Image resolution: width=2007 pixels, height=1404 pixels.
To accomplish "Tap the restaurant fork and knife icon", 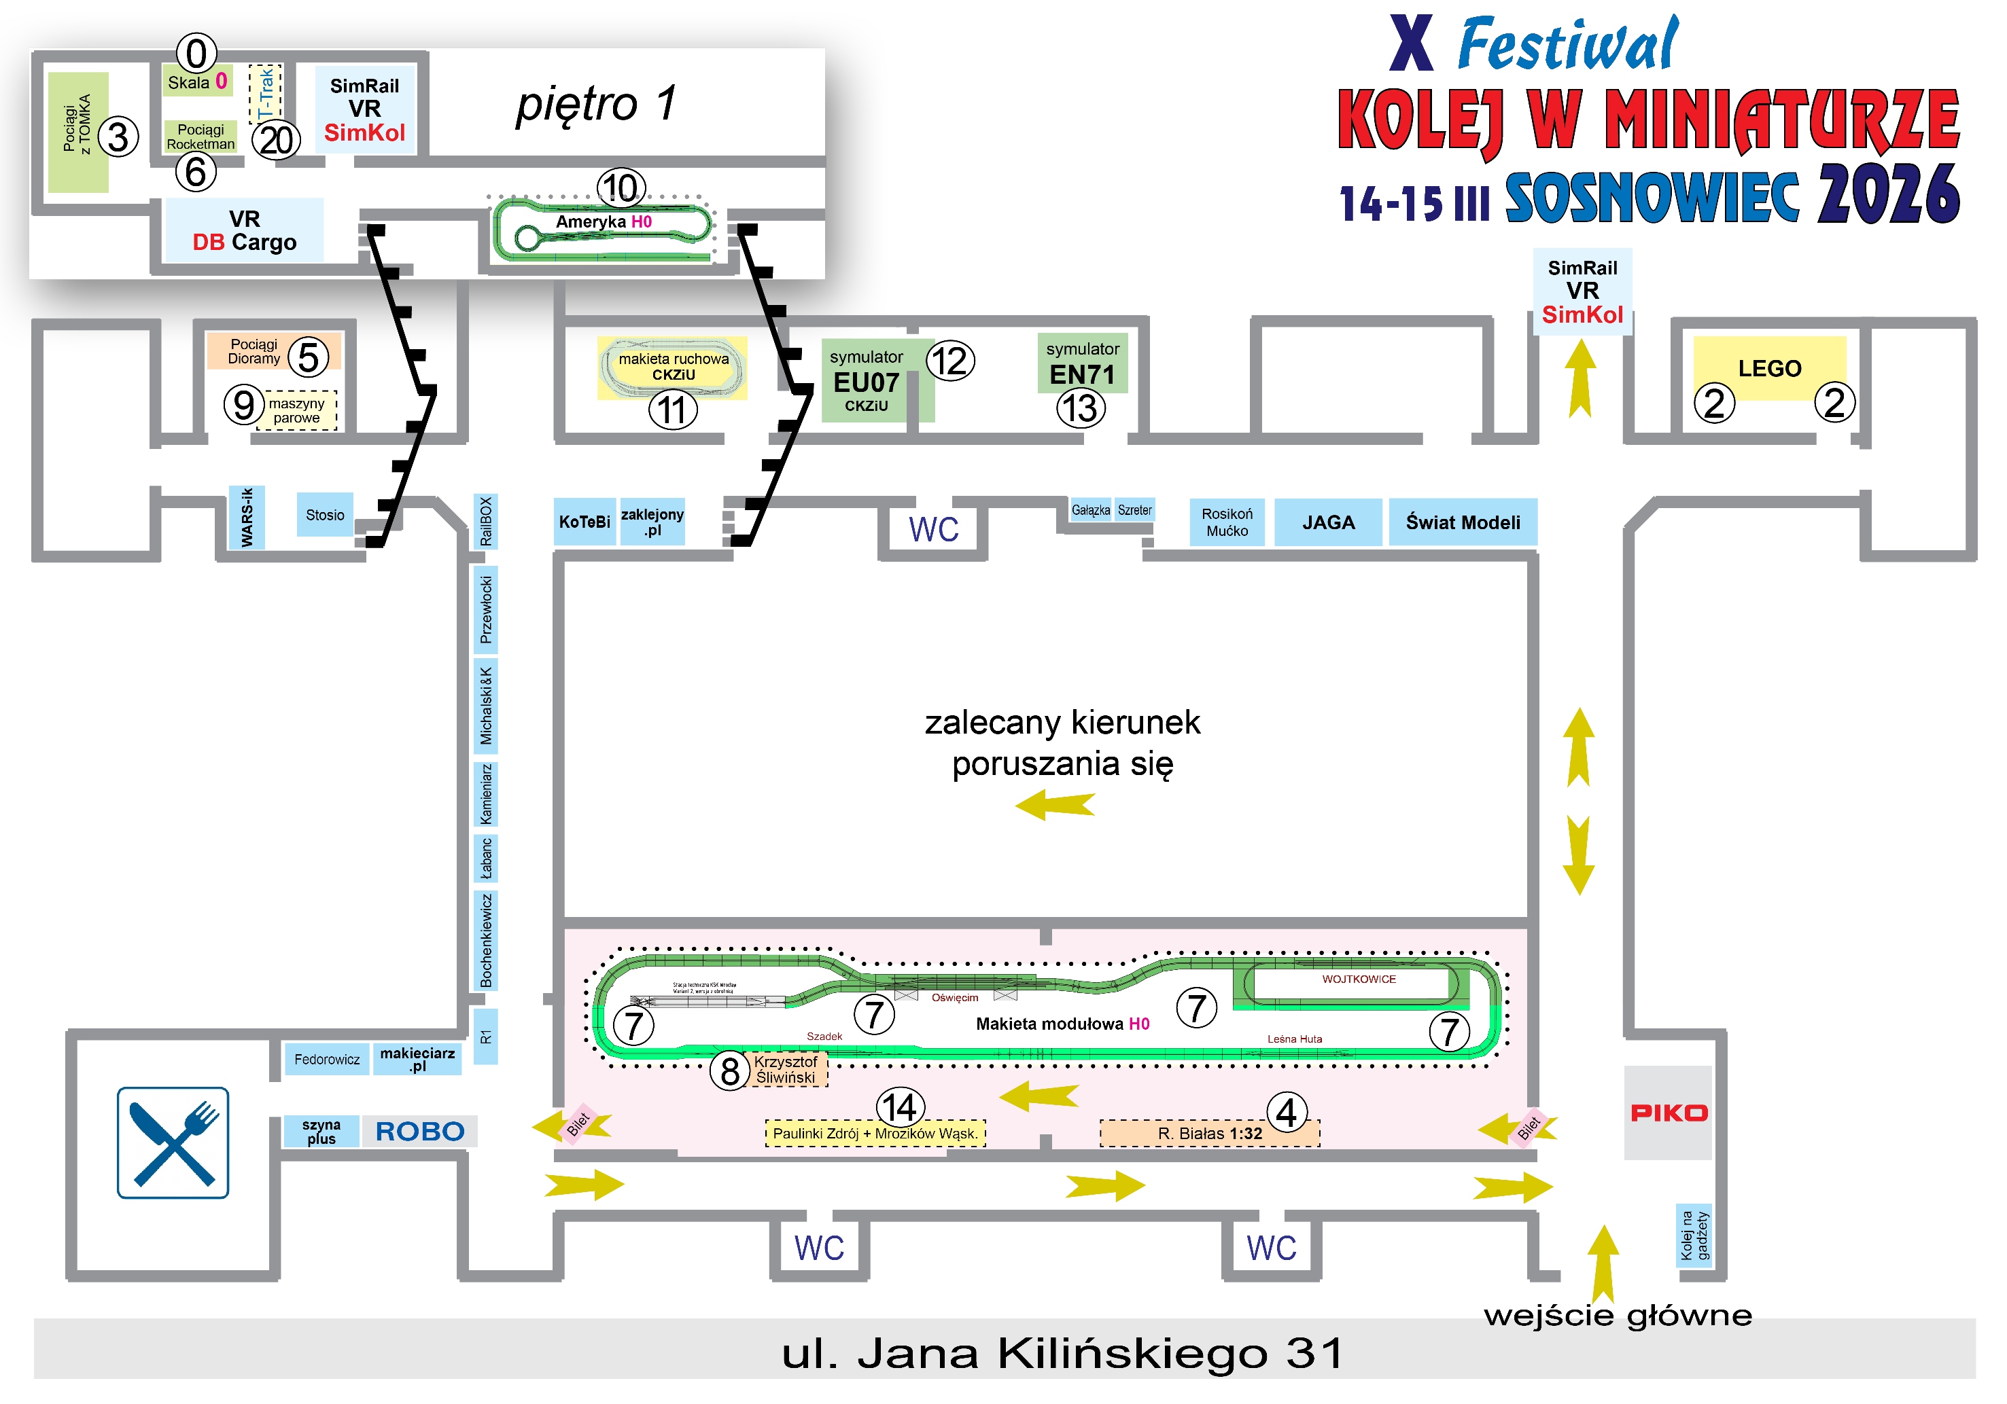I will coord(173,1142).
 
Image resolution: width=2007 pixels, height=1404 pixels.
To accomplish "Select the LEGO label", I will coord(1769,368).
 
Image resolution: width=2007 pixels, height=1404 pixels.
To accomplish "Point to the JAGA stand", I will coord(1328,522).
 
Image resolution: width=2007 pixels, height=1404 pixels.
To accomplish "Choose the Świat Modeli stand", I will coord(1463,522).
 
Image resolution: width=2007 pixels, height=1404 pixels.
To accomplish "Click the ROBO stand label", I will coord(419,1132).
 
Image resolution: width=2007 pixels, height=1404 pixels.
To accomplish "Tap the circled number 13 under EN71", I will coord(1081,408).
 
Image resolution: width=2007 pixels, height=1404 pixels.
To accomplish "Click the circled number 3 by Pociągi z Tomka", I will coord(118,137).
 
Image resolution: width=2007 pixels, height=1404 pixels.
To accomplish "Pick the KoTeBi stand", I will coord(584,522).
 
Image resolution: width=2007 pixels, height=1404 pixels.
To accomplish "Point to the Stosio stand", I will coord(325,516).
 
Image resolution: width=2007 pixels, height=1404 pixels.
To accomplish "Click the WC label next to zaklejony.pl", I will coord(934,529).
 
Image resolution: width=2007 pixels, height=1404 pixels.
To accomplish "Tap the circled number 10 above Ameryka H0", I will coord(621,188).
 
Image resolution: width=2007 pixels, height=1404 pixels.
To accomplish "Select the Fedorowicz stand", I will coord(327,1059).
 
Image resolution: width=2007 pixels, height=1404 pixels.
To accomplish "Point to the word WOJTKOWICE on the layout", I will coord(1359,979).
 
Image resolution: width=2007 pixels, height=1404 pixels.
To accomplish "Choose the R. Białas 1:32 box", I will coord(1210,1133).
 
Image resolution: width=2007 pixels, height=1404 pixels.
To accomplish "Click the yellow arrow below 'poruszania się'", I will coord(1055,804).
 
